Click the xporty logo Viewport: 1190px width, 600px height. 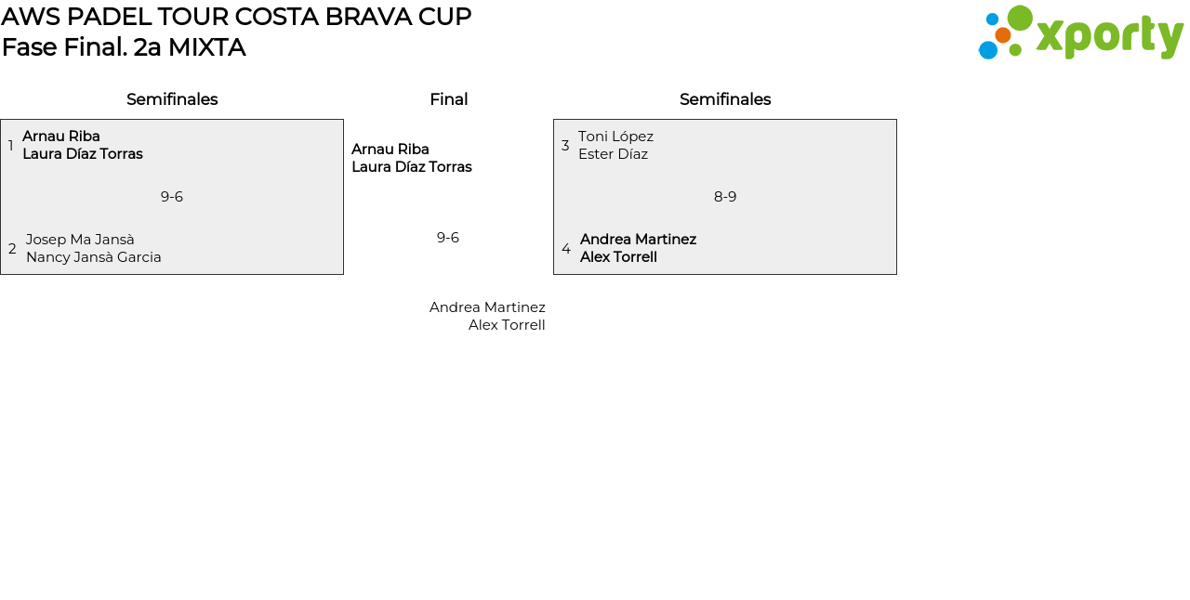point(1080,33)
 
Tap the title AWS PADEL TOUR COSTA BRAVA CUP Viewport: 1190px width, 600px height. point(236,17)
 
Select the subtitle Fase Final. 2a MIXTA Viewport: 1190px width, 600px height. point(124,47)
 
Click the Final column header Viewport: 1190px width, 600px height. point(448,99)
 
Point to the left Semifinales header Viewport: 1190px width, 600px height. point(172,99)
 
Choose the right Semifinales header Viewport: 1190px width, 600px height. point(725,99)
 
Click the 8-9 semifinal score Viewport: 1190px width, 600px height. point(725,197)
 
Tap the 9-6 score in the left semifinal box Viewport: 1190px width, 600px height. point(172,197)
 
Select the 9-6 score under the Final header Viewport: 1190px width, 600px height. point(448,238)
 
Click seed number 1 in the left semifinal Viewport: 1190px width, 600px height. point(11,146)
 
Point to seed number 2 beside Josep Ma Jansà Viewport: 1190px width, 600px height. point(12,249)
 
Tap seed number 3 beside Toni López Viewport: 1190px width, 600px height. point(565,146)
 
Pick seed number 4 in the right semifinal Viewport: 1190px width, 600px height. point(566,249)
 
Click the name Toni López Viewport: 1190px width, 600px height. point(615,137)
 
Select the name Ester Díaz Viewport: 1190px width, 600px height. point(613,154)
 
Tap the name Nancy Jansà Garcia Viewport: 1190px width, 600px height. point(94,257)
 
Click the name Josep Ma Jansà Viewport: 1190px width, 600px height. point(80,240)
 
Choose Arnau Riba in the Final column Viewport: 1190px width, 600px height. point(390,150)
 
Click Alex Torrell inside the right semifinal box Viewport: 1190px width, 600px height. point(618,257)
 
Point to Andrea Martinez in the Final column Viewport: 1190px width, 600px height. point(487,307)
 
